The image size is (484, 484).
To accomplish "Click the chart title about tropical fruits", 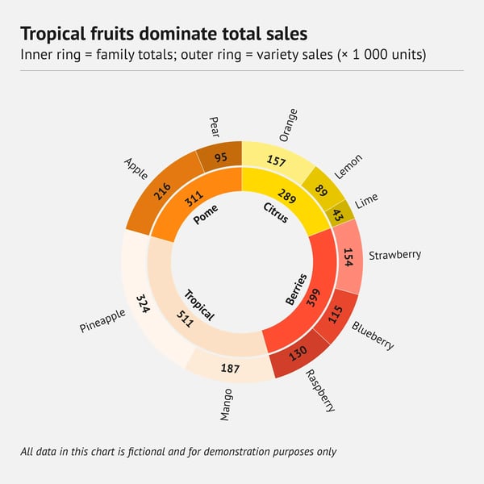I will coord(163,34).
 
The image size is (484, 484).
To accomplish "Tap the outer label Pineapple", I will coord(102,319).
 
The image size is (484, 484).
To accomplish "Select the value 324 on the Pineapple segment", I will coord(143,304).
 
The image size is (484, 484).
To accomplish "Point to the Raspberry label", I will coord(319,390).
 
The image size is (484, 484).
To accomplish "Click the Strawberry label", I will coord(394,255).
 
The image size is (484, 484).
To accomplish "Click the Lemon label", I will coord(348,165).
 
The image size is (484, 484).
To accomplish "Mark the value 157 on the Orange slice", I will coord(276,161).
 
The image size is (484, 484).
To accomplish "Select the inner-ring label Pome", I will coord(207,219).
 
